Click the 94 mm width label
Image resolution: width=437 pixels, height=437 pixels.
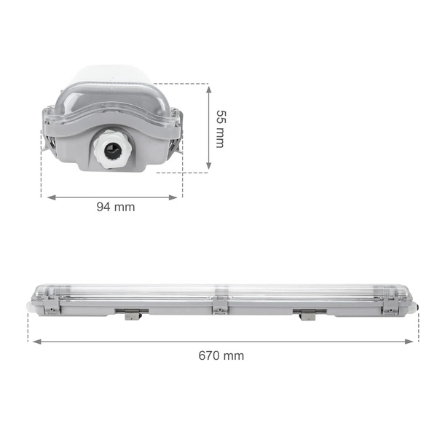[116, 207]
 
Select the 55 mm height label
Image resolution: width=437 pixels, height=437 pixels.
[220, 128]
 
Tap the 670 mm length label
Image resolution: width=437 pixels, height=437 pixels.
[221, 355]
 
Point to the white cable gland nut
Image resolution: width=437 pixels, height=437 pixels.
[110, 151]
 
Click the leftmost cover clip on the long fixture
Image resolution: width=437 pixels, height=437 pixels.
[50, 307]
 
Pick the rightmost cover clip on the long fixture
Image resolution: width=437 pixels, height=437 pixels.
[390, 307]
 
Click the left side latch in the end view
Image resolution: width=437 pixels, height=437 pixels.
[50, 142]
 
